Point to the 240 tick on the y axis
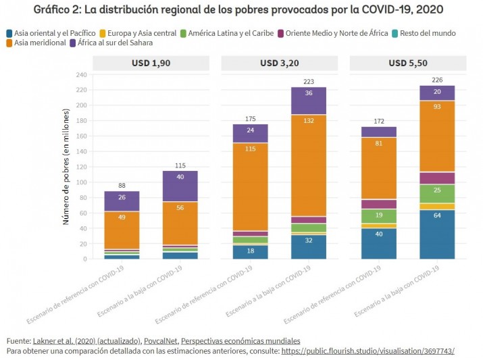(x=82, y=75)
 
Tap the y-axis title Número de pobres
(x=66, y=167)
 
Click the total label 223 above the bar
(x=309, y=81)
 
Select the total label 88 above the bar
(x=122, y=186)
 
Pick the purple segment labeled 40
(x=179, y=178)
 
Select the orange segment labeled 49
(x=122, y=217)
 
